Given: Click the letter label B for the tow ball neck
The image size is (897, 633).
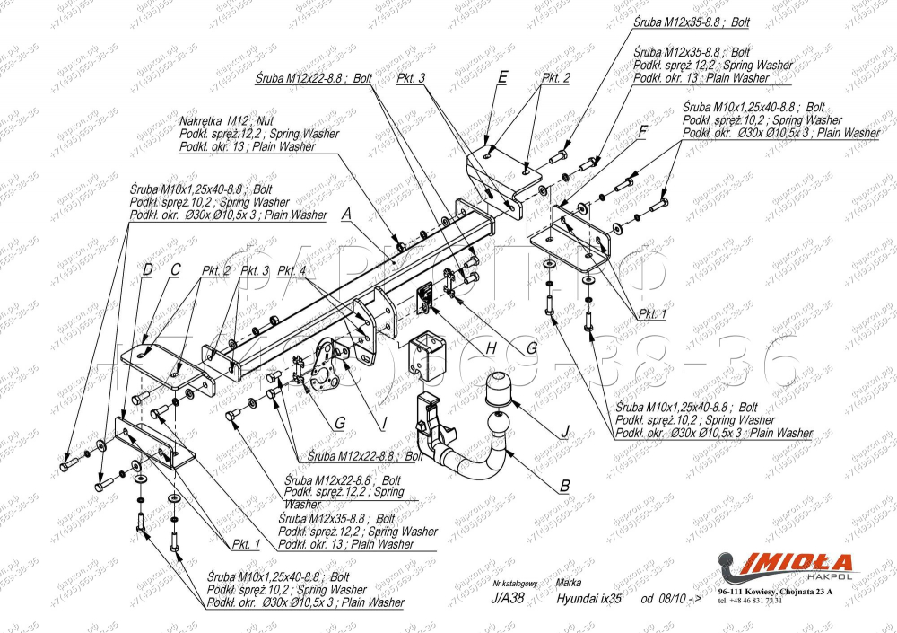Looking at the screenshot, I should (x=564, y=486).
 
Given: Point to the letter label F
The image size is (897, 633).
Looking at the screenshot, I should (x=642, y=130).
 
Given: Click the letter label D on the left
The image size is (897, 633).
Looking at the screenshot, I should (x=148, y=268).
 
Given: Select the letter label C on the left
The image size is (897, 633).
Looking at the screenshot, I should (x=176, y=268).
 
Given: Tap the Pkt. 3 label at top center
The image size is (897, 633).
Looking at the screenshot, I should (x=410, y=78).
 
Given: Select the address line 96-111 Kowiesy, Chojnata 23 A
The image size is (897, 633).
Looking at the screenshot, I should (x=775, y=592).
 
